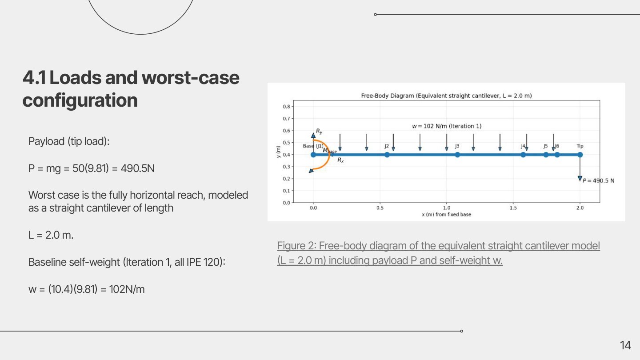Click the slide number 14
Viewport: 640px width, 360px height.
(625, 345)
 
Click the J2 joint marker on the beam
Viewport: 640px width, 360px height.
(387, 155)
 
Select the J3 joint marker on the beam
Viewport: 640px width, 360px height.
(457, 155)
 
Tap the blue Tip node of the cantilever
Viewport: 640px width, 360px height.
(580, 155)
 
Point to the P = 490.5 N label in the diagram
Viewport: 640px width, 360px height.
(598, 181)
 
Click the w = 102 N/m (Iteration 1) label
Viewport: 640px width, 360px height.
(447, 126)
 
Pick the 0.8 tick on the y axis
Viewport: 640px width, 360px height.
(287, 107)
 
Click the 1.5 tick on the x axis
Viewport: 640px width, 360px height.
(513, 208)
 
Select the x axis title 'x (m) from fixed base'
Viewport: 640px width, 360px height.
(446, 215)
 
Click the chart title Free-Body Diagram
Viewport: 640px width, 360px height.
(446, 96)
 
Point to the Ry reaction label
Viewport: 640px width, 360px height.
(319, 132)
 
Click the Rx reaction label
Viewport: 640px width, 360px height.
(340, 160)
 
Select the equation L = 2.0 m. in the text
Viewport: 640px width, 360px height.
(51, 235)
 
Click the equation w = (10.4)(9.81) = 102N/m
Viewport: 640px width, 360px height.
(87, 289)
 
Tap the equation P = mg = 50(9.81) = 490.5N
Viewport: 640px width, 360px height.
(92, 168)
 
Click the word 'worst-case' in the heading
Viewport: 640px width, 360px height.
(190, 78)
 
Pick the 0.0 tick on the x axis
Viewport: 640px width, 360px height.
(313, 208)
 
